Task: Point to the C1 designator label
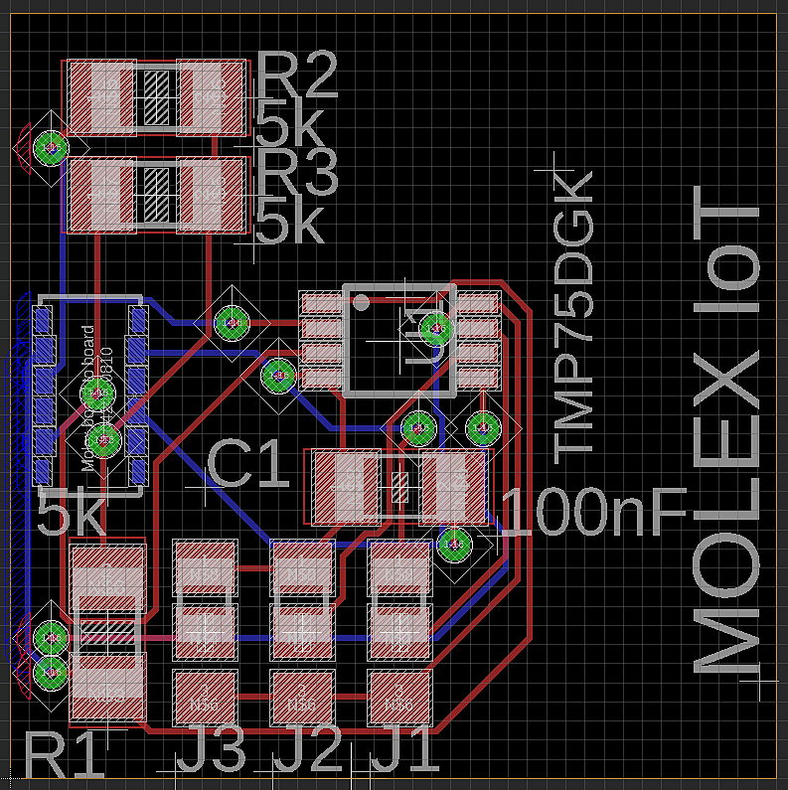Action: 248,465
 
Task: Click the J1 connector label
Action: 404,749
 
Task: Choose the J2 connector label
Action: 308,749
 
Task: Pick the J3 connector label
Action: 211,749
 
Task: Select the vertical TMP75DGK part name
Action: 573,316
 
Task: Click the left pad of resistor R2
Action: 100,97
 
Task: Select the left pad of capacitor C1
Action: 347,487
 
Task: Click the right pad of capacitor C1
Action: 453,487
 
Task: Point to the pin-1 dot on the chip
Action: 361,301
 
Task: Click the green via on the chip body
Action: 434,328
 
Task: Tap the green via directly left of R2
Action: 50,149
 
